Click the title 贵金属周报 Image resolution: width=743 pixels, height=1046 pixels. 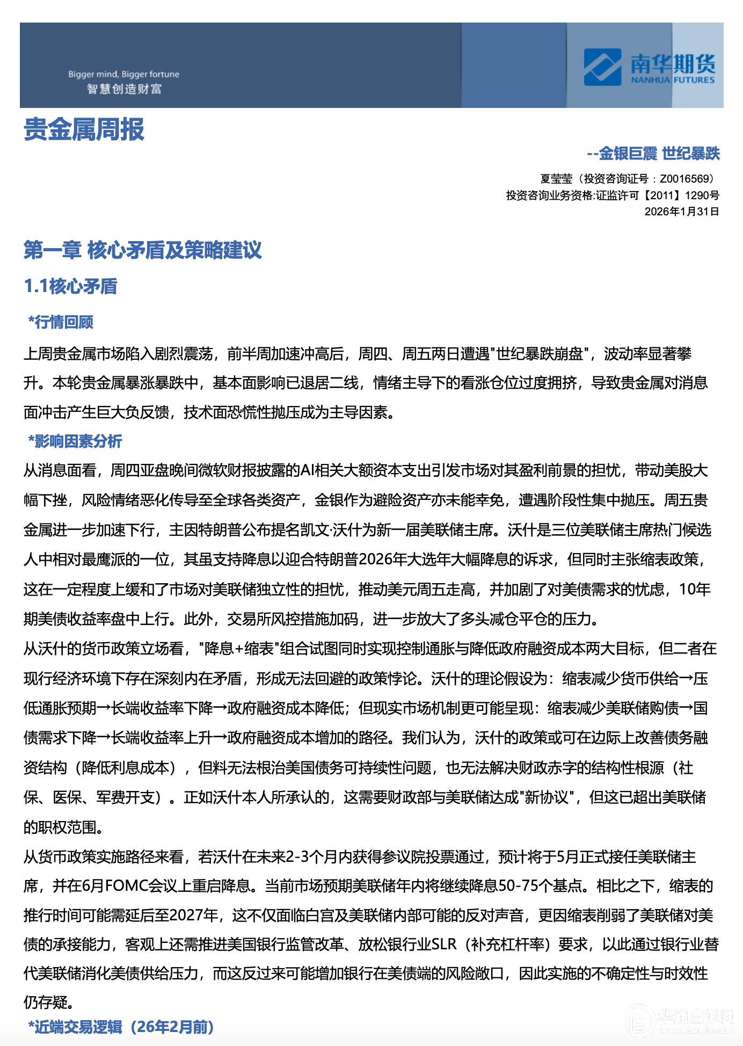84,129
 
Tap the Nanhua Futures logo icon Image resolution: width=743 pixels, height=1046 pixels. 602,67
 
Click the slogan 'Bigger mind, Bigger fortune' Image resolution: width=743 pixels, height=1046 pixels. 123,74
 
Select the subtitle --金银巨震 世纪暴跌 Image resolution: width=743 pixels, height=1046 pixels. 653,154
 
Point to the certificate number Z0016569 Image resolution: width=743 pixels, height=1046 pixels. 686,179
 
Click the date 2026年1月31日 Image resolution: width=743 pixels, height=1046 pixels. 682,212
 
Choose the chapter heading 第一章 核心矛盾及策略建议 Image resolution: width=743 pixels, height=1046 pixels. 143,250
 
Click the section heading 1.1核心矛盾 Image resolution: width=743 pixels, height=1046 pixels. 70,286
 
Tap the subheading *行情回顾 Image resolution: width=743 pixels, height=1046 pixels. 61,322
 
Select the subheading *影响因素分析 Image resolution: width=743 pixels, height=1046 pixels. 75,441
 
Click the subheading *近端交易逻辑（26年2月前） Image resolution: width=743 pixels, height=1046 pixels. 121,1027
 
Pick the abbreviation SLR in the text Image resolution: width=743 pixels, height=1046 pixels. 444,945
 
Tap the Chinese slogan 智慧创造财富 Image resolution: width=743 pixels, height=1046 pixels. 124,89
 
